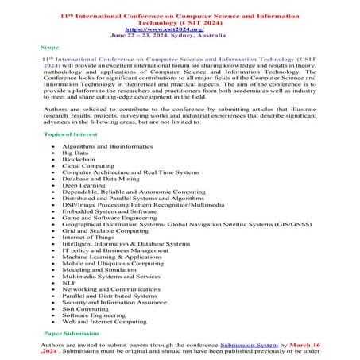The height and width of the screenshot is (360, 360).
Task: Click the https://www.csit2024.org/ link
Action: point(180,29)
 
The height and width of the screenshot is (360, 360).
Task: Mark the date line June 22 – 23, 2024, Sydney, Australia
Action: point(180,36)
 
